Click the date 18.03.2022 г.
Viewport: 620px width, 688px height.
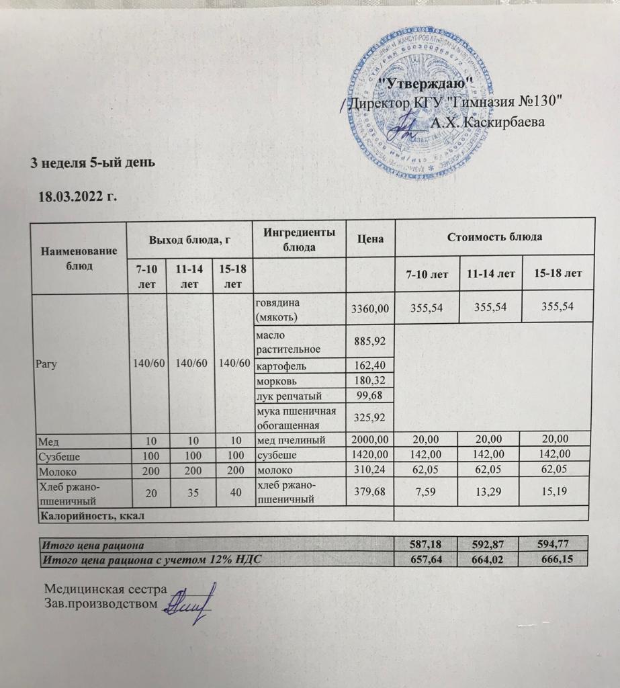(78, 196)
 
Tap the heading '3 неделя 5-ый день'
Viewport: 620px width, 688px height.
(95, 162)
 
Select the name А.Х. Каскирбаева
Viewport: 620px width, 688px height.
(488, 123)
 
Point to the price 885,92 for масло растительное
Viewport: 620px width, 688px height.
(368, 341)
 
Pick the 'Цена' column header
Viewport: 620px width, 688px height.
(371, 238)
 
